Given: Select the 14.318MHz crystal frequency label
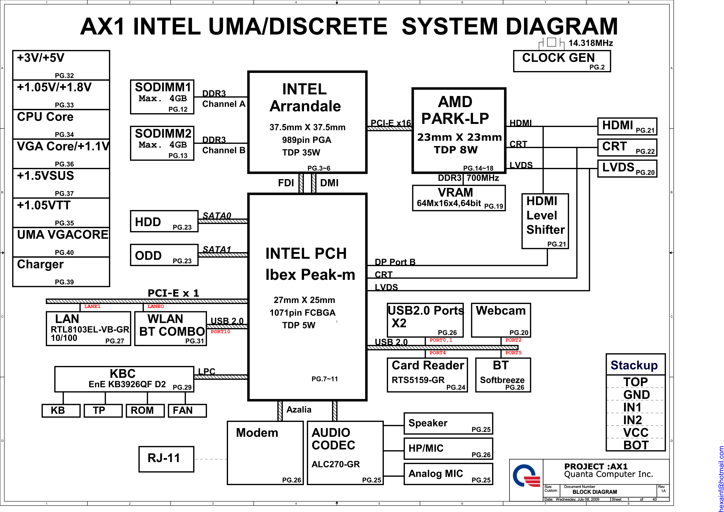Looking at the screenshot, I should (590, 43).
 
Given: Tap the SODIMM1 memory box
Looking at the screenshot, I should (162, 97).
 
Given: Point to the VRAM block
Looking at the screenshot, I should (459, 198).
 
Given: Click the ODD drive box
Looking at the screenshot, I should (164, 255).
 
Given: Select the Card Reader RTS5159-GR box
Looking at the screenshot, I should (427, 375).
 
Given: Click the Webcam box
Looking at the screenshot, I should (501, 320).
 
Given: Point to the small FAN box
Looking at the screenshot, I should (187, 410).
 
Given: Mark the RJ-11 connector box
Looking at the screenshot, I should (166, 459).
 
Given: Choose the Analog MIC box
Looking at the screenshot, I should (448, 474).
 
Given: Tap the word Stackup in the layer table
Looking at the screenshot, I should (634, 365).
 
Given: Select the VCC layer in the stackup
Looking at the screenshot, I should (636, 432).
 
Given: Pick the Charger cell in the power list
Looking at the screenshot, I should (61, 271).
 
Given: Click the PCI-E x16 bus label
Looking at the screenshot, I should (391, 123).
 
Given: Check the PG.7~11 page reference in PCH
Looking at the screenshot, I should (324, 379).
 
